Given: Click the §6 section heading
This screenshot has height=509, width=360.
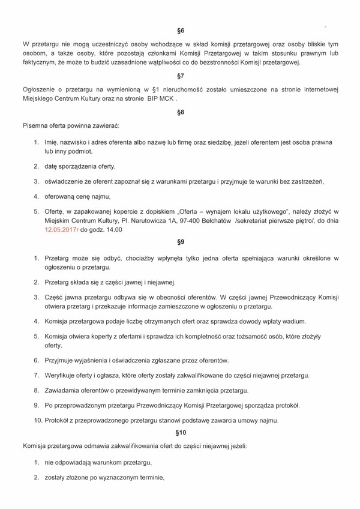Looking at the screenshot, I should click(x=181, y=30).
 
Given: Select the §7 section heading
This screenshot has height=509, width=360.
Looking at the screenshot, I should click(x=181, y=76).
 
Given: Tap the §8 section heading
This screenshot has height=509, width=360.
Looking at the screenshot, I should click(x=181, y=112).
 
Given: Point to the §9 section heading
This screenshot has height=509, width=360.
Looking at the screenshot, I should click(x=181, y=242).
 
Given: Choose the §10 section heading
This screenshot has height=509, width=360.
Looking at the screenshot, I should click(x=181, y=432).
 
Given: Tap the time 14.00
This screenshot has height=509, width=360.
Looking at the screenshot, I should click(x=113, y=229).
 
